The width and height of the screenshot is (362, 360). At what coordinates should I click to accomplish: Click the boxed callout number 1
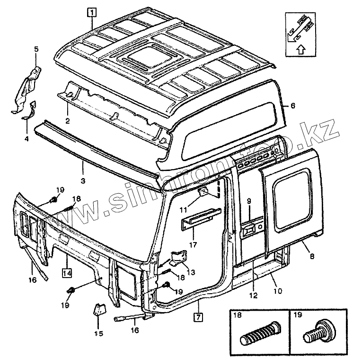pos(92,13)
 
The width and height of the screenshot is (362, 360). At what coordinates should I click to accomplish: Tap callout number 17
pos(193,245)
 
